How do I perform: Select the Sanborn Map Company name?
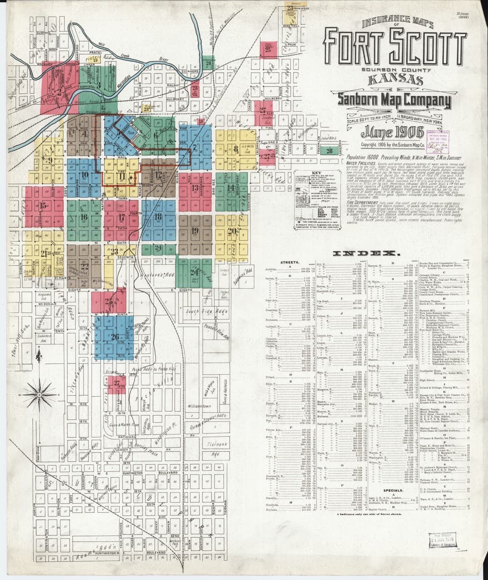[x=394, y=100]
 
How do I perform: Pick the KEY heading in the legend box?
[x=316, y=173]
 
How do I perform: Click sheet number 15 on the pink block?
[x=44, y=206]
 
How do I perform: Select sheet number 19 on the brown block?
[x=195, y=231]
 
